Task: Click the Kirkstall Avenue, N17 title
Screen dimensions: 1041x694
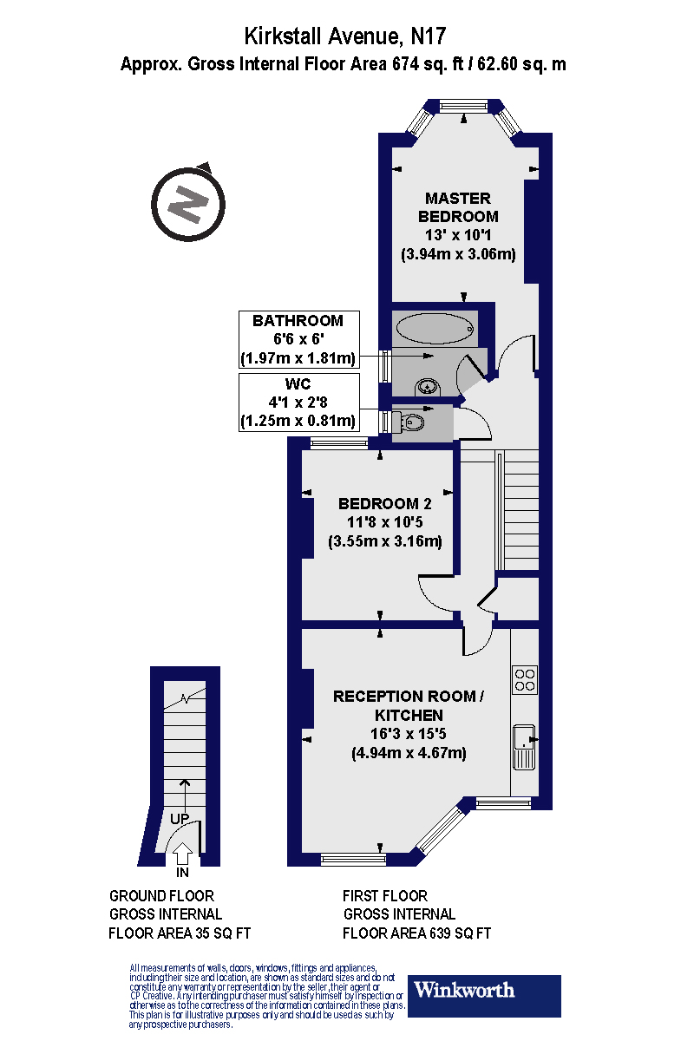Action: pos(347,36)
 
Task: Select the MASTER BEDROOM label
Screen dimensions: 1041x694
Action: pos(458,207)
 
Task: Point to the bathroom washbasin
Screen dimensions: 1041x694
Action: pos(427,386)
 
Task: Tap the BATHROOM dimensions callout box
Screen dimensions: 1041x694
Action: pos(298,339)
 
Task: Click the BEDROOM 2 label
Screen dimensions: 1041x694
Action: pos(384,503)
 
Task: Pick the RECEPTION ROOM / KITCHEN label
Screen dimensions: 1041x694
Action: pos(403,705)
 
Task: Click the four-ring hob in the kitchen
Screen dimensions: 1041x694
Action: pos(525,679)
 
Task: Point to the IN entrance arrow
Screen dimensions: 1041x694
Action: pos(182,857)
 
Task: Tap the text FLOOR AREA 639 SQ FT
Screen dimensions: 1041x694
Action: pos(416,934)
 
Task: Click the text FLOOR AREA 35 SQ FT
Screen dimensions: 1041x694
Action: pos(180,934)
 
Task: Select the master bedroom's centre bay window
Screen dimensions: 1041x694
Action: pos(463,106)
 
